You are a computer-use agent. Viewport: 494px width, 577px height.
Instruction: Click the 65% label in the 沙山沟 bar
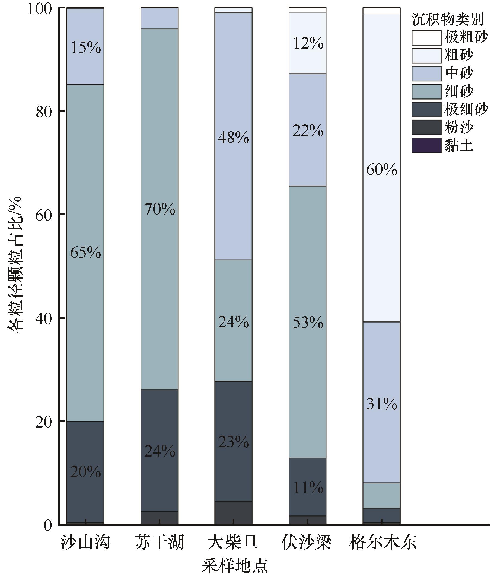(85, 253)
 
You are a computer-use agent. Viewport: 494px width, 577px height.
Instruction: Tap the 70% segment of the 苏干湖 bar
(160, 209)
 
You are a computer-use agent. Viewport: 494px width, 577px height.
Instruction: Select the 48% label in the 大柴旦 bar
(233, 138)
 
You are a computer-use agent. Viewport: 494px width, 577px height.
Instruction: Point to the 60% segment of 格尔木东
(381, 169)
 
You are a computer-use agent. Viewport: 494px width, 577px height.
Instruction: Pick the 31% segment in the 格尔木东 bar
(381, 404)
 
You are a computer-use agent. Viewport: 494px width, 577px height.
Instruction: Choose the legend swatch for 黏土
(426, 145)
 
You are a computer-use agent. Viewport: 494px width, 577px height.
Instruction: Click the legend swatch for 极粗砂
(426, 38)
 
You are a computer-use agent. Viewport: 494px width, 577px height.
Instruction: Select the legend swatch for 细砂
(426, 92)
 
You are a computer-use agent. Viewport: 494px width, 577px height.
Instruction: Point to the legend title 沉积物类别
(448, 20)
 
